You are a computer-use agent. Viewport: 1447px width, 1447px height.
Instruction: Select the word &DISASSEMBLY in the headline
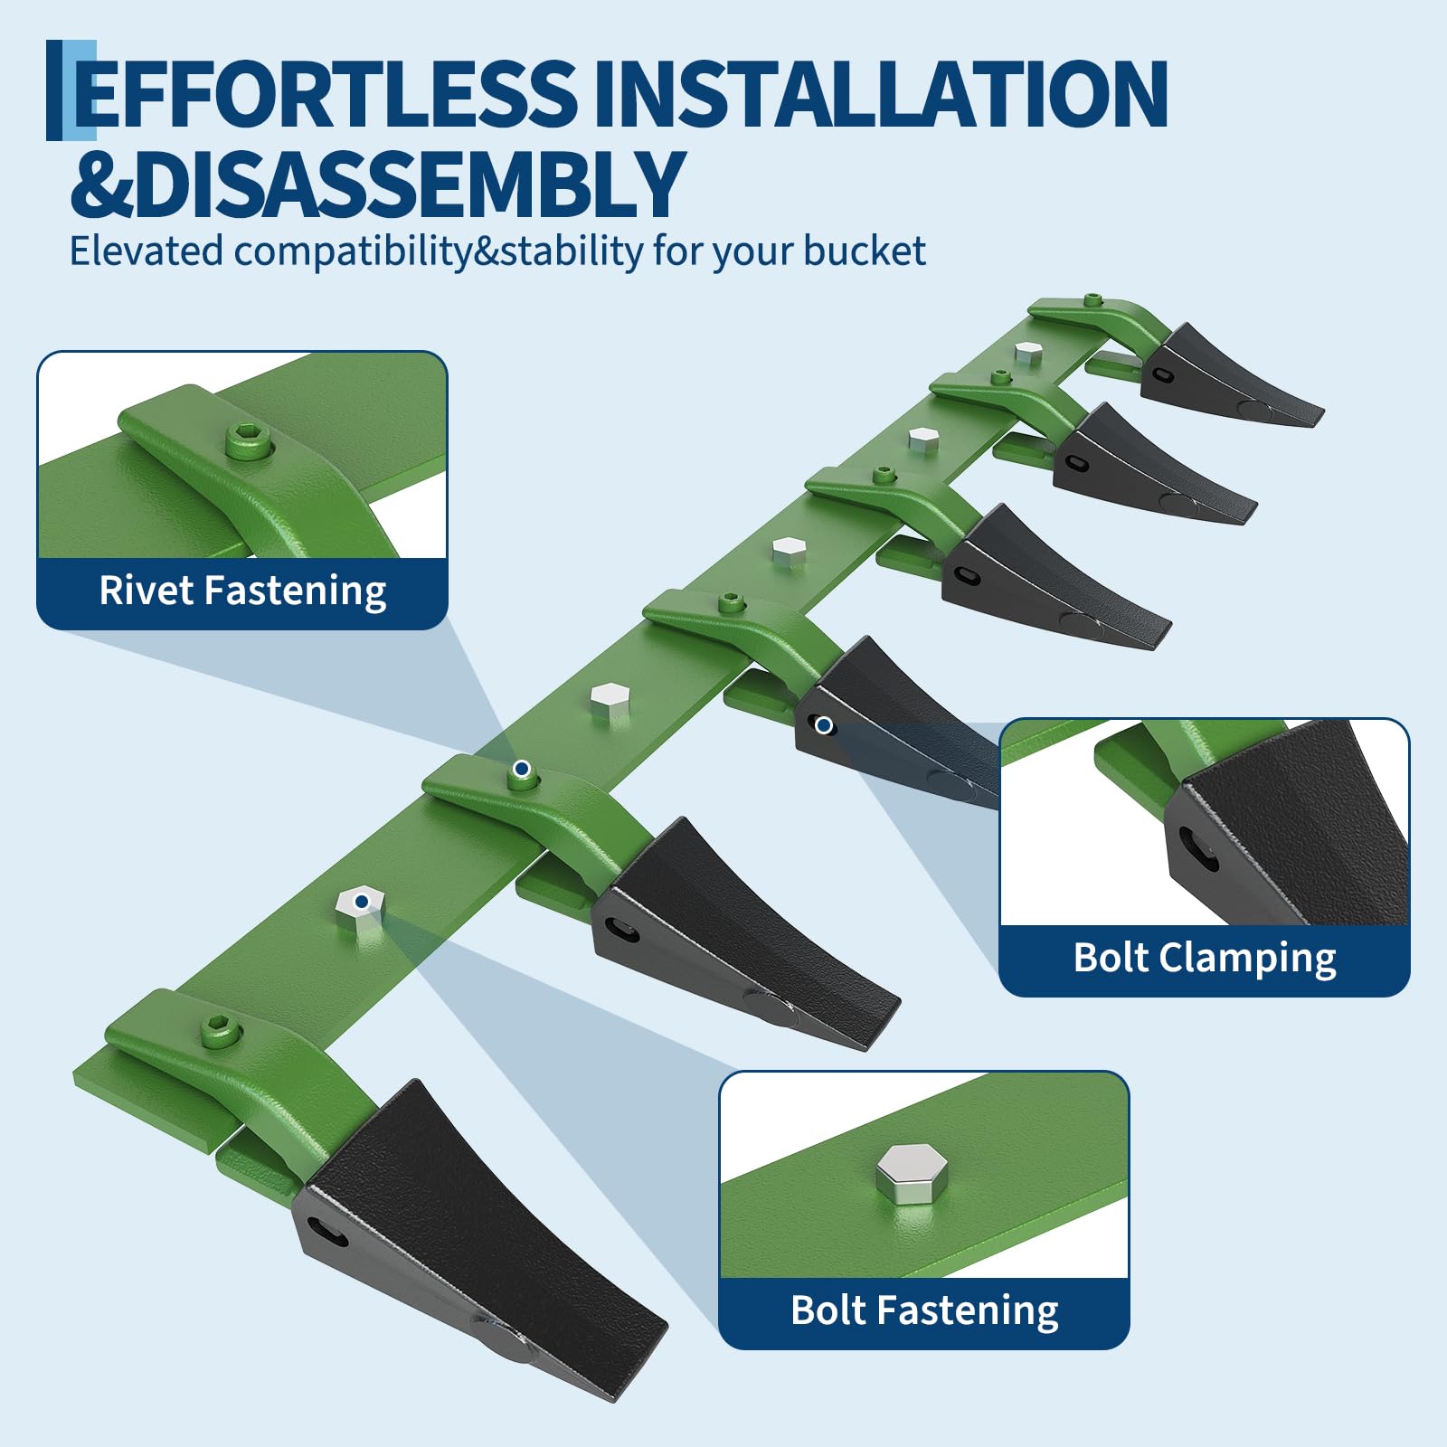[x=377, y=184]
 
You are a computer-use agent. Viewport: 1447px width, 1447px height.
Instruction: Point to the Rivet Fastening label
[x=242, y=591]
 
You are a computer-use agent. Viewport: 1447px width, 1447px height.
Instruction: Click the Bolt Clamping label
[x=1205, y=959]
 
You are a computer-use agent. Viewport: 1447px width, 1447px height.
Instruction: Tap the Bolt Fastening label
[x=924, y=1311]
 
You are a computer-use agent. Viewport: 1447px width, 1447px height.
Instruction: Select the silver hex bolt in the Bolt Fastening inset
[x=912, y=1173]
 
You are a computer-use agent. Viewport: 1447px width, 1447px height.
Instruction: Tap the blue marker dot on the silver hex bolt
[x=362, y=901]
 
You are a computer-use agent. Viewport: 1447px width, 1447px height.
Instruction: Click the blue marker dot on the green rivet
[x=521, y=769]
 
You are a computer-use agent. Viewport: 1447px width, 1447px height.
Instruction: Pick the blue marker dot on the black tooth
[x=824, y=725]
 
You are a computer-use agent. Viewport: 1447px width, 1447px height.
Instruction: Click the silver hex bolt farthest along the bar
[x=1026, y=352]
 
